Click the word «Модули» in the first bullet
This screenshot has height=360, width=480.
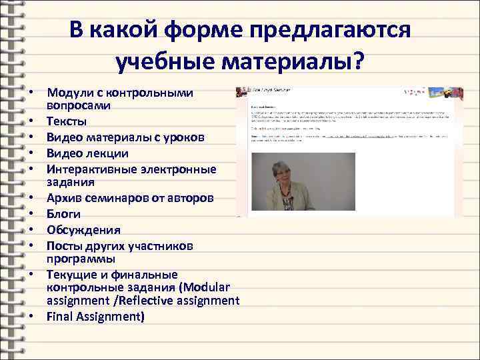click(x=69, y=92)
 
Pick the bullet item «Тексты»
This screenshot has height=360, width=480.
click(x=67, y=122)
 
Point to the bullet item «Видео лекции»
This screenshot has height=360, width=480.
click(x=87, y=153)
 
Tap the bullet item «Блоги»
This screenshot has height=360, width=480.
click(x=64, y=214)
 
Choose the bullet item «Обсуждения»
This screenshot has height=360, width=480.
click(x=84, y=230)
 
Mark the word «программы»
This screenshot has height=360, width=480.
click(x=81, y=258)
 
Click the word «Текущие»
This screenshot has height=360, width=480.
click(x=71, y=274)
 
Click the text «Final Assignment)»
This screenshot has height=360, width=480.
click(x=95, y=316)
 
